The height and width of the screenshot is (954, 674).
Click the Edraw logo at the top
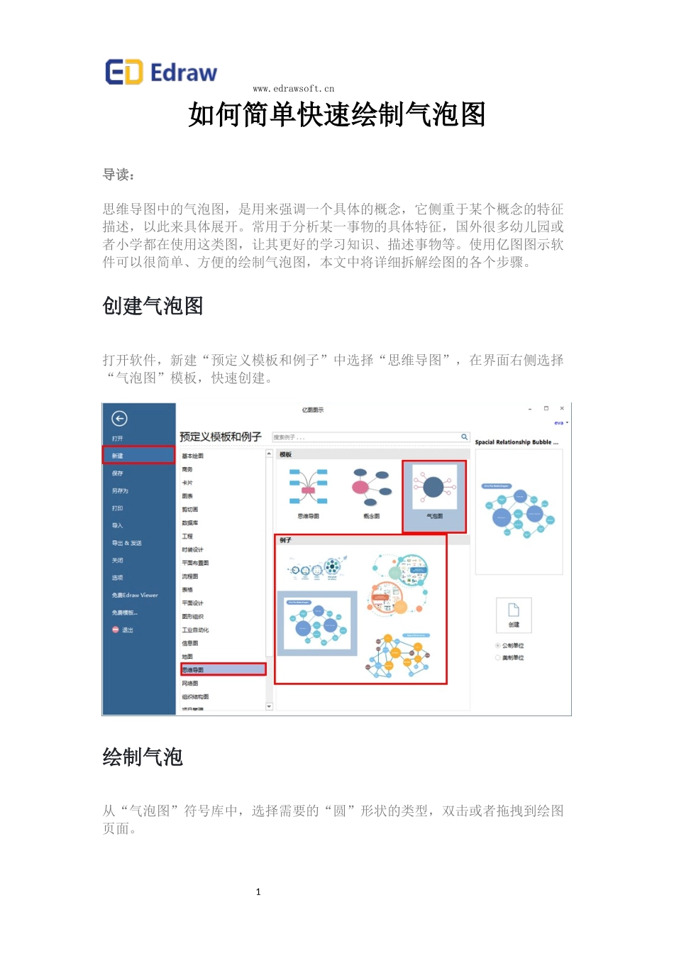click(161, 72)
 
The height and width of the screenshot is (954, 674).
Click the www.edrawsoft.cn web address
click(293, 89)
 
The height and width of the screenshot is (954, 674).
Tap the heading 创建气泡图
click(153, 306)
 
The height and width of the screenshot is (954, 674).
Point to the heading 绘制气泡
click(143, 757)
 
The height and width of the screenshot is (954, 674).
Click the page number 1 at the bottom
click(258, 892)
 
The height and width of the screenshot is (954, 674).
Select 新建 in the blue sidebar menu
click(118, 456)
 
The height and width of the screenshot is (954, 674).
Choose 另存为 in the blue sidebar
click(120, 490)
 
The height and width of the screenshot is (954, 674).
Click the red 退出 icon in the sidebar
click(116, 630)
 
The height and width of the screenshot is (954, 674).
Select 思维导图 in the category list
click(193, 669)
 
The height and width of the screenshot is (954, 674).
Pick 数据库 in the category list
click(189, 522)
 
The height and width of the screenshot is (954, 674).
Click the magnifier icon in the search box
click(464, 437)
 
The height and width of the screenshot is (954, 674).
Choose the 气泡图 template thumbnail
click(433, 490)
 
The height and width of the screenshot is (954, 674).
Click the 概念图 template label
click(371, 516)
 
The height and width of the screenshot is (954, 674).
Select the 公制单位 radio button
click(497, 645)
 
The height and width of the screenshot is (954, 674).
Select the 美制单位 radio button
click(497, 657)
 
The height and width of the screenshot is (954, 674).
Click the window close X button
click(562, 409)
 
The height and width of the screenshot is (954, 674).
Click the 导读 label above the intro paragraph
click(118, 175)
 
